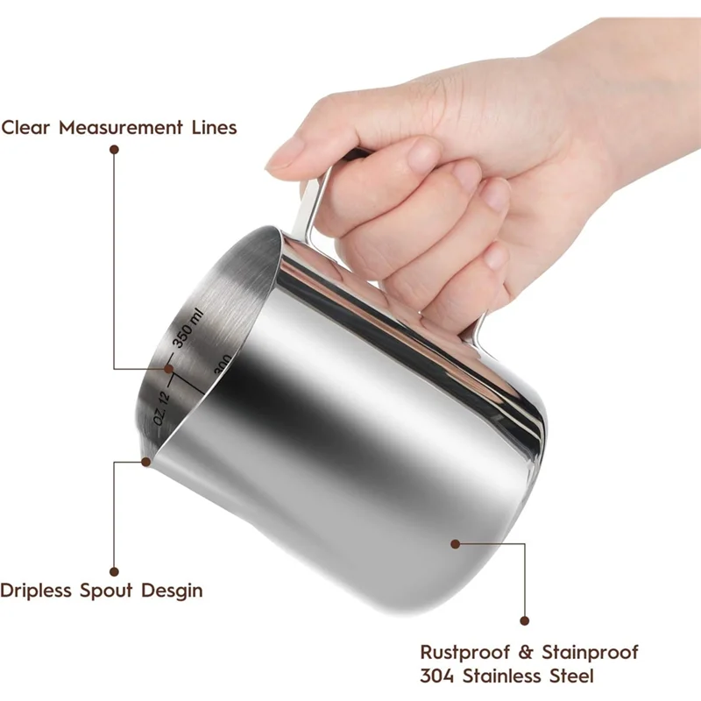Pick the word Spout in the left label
106,591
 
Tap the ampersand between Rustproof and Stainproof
522,653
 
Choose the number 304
439,676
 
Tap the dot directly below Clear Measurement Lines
114,150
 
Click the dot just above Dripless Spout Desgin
114,570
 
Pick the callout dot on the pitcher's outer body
455,543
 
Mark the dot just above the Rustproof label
524,620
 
